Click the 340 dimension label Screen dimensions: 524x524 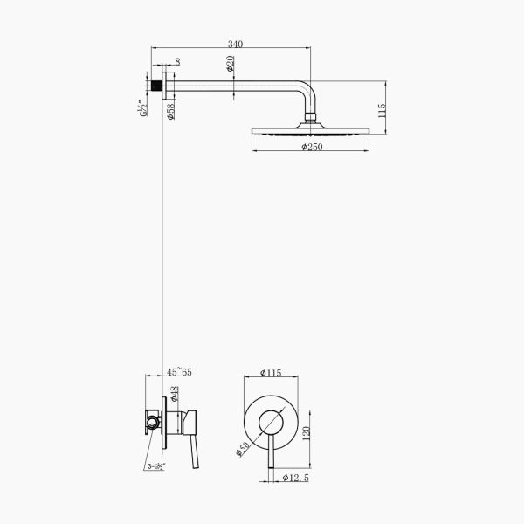(235, 45)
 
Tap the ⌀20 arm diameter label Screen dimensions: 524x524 (231, 64)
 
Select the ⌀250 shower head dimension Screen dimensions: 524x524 (312, 147)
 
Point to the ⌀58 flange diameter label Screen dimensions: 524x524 (170, 112)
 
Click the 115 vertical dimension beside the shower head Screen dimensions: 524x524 (382, 110)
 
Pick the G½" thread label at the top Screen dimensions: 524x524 (142, 108)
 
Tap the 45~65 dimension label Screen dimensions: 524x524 (179, 372)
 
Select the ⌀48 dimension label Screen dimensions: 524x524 (175, 394)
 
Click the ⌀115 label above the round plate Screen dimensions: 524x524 (271, 373)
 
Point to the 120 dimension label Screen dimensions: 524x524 (307, 433)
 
